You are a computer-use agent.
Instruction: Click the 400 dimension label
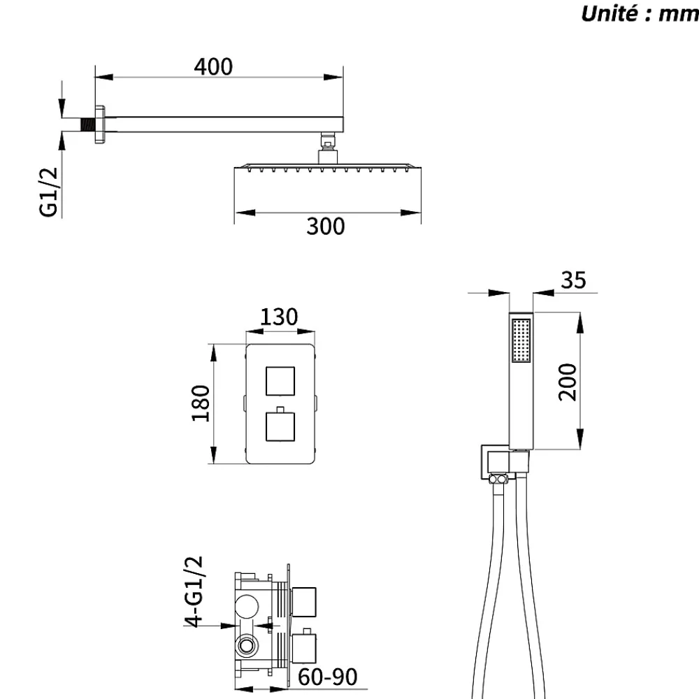pos(213,67)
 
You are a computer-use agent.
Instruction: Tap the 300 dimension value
pos(326,226)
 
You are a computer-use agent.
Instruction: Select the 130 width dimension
pos(279,317)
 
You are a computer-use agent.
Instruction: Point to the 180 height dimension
pos(201,403)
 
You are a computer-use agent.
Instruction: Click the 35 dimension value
pos(573,280)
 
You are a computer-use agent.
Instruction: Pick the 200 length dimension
pos(568,382)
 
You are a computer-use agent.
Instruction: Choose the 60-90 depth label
pos(328,677)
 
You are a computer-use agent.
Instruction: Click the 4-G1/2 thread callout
pos(194,591)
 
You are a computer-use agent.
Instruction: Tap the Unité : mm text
pos(640,13)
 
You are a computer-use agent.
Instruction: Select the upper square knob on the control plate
pos(280,381)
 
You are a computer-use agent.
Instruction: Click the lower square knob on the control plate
pos(280,426)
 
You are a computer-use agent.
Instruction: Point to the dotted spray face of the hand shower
pos(521,340)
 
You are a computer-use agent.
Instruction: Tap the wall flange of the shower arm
pos(100,124)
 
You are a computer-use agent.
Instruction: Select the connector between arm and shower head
pos(328,148)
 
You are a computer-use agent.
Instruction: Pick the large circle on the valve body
pos(247,606)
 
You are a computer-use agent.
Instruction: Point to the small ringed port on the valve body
pos(247,645)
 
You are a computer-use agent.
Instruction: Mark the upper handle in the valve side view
pos(304,602)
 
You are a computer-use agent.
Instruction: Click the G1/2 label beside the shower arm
pos(49,192)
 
